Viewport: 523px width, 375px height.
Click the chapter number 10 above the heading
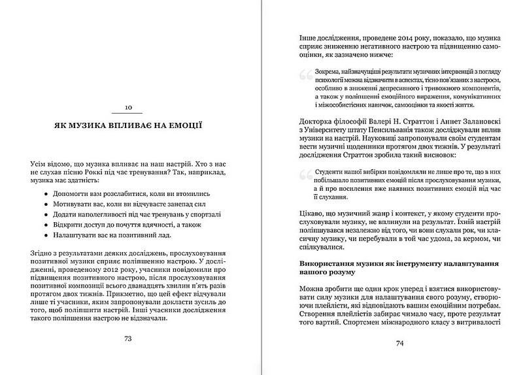pos(128,107)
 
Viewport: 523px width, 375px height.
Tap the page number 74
pos(398,357)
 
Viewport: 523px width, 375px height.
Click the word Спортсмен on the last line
pos(403,338)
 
